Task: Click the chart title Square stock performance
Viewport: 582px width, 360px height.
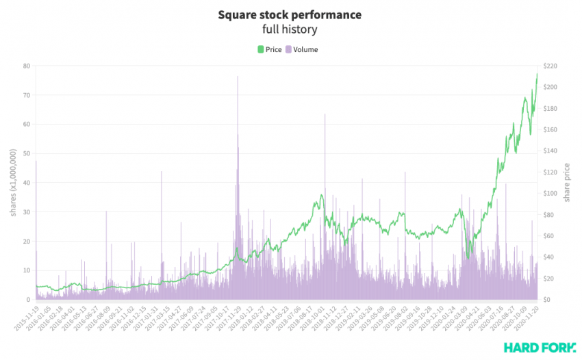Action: tap(290, 14)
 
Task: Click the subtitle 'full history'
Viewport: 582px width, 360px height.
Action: tap(290, 29)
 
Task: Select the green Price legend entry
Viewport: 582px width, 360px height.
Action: tap(269, 49)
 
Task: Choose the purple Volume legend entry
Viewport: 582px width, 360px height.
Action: tap(301, 49)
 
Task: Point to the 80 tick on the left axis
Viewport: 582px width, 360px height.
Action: tap(26, 66)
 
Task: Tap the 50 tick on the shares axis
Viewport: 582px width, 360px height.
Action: tap(26, 153)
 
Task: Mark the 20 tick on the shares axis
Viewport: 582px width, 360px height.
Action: tap(26, 241)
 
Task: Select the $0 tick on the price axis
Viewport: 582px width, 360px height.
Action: tap(548, 300)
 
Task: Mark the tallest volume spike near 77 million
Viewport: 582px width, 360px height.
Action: tap(238, 76)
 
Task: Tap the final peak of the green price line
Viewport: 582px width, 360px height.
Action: tap(537, 74)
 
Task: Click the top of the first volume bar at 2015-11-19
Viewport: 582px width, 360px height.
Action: tap(36, 160)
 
